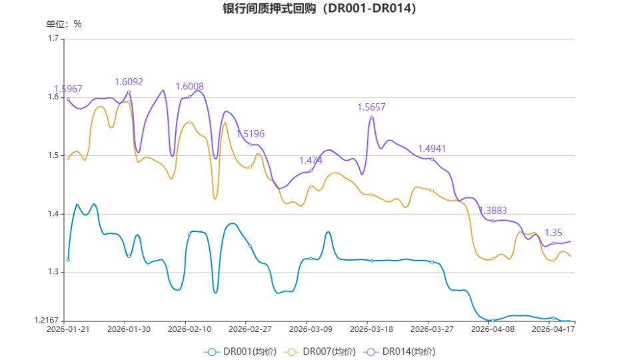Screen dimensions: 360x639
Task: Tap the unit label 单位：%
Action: (64, 24)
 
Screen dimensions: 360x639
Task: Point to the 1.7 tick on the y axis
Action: (53, 39)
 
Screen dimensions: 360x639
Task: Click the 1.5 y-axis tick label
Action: (53, 155)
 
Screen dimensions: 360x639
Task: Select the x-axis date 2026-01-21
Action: (68, 329)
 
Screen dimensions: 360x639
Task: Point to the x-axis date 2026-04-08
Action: (492, 329)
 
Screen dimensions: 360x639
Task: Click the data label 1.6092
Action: (129, 81)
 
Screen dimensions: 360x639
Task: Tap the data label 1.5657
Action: (371, 107)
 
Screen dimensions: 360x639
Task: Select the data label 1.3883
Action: (493, 210)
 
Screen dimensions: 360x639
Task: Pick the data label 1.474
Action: (311, 161)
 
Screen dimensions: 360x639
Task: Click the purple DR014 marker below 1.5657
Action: (371, 117)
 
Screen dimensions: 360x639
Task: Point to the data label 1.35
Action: (554, 233)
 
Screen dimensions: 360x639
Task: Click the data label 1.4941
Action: (432, 149)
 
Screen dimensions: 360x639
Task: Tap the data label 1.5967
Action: (68, 89)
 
